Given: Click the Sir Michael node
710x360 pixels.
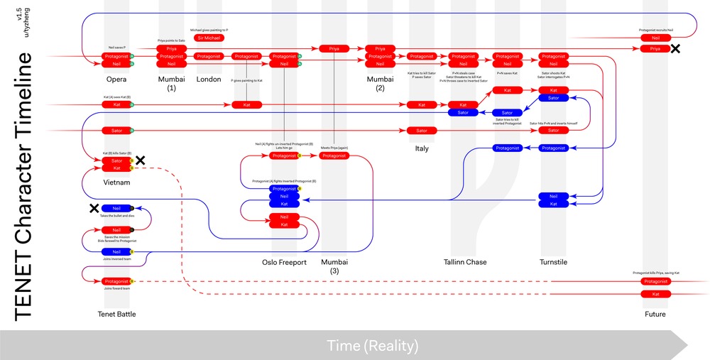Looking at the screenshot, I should pos(209,38).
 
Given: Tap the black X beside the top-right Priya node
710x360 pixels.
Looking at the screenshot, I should pos(675,48).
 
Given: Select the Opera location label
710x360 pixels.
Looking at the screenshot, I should pos(116,79).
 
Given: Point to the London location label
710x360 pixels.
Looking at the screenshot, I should pos(209,79).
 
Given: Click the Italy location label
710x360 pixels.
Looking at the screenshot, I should pos(422,148).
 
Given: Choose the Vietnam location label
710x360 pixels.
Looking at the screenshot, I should pos(116,182).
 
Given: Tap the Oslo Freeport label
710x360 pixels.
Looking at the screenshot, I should pos(284,263).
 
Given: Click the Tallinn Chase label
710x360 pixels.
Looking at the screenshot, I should pos(465,263).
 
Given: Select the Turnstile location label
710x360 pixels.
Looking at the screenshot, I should pos(554,263).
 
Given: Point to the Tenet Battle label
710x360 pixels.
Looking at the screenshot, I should pos(116,314).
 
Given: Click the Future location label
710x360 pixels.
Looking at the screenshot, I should pos(655,314).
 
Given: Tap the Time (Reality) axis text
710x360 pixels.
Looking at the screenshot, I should pos(372,346).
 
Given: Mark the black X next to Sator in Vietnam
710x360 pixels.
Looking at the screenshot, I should pos(141,160).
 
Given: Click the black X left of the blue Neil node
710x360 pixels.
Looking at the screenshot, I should pos(94,208).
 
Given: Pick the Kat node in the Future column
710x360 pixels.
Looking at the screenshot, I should pos(655,293).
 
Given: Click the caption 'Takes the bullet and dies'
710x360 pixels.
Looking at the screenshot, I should pos(116,215).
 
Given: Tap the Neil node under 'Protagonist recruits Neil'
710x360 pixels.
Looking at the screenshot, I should pos(655,38).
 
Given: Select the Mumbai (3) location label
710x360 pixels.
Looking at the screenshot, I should pos(334,266).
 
